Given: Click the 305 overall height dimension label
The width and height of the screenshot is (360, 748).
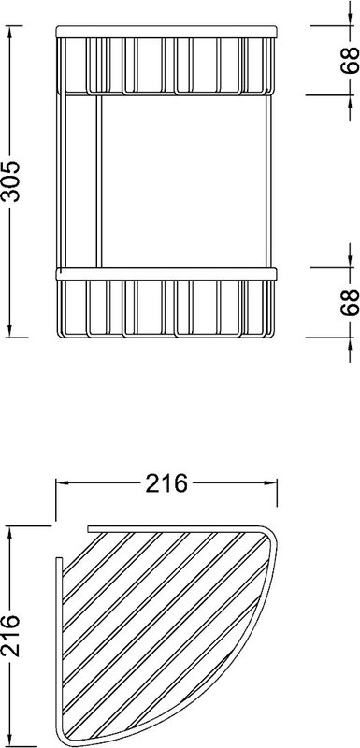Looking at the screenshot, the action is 10,181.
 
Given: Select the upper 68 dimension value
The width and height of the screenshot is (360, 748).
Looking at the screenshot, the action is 350,60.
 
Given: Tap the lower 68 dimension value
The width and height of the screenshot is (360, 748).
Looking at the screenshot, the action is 350,302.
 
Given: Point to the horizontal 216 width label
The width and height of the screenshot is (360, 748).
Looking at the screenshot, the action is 166,483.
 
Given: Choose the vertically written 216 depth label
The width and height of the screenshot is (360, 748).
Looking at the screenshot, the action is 10,637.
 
